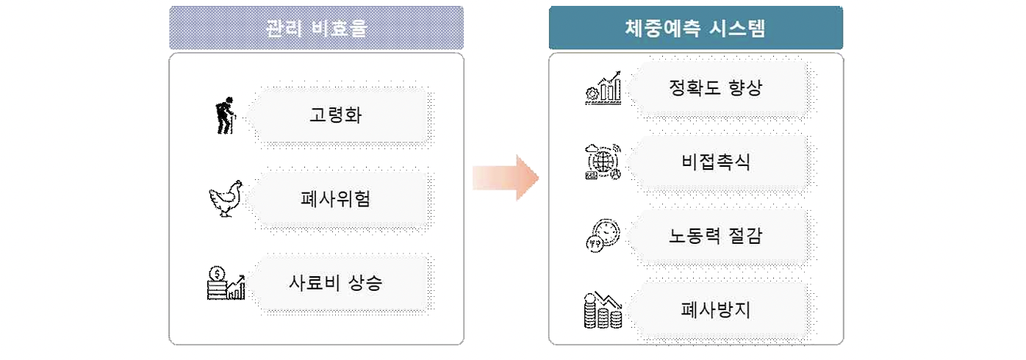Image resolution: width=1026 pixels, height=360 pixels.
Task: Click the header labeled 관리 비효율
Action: tap(316, 28)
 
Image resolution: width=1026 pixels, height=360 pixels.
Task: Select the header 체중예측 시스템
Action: tap(695, 28)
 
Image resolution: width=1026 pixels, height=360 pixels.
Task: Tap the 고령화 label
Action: tap(335, 115)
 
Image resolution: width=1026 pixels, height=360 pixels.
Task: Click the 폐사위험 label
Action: tap(335, 199)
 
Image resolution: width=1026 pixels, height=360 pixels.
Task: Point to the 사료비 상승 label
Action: tap(335, 283)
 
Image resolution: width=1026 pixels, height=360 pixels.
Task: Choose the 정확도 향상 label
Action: tap(716, 89)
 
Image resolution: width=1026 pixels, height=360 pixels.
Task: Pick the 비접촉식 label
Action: tap(716, 162)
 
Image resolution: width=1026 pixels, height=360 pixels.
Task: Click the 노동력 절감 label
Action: tap(716, 236)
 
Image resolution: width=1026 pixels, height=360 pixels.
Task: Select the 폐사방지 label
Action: tap(716, 309)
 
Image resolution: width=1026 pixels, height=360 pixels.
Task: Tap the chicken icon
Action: tap(225, 200)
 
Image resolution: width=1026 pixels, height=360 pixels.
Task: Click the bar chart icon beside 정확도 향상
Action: tap(603, 88)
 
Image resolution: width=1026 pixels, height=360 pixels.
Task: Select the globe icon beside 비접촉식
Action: tap(603, 162)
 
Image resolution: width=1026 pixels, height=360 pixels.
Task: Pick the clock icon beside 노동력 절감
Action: tap(603, 236)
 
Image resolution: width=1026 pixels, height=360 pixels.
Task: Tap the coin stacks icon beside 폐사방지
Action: tap(603, 309)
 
